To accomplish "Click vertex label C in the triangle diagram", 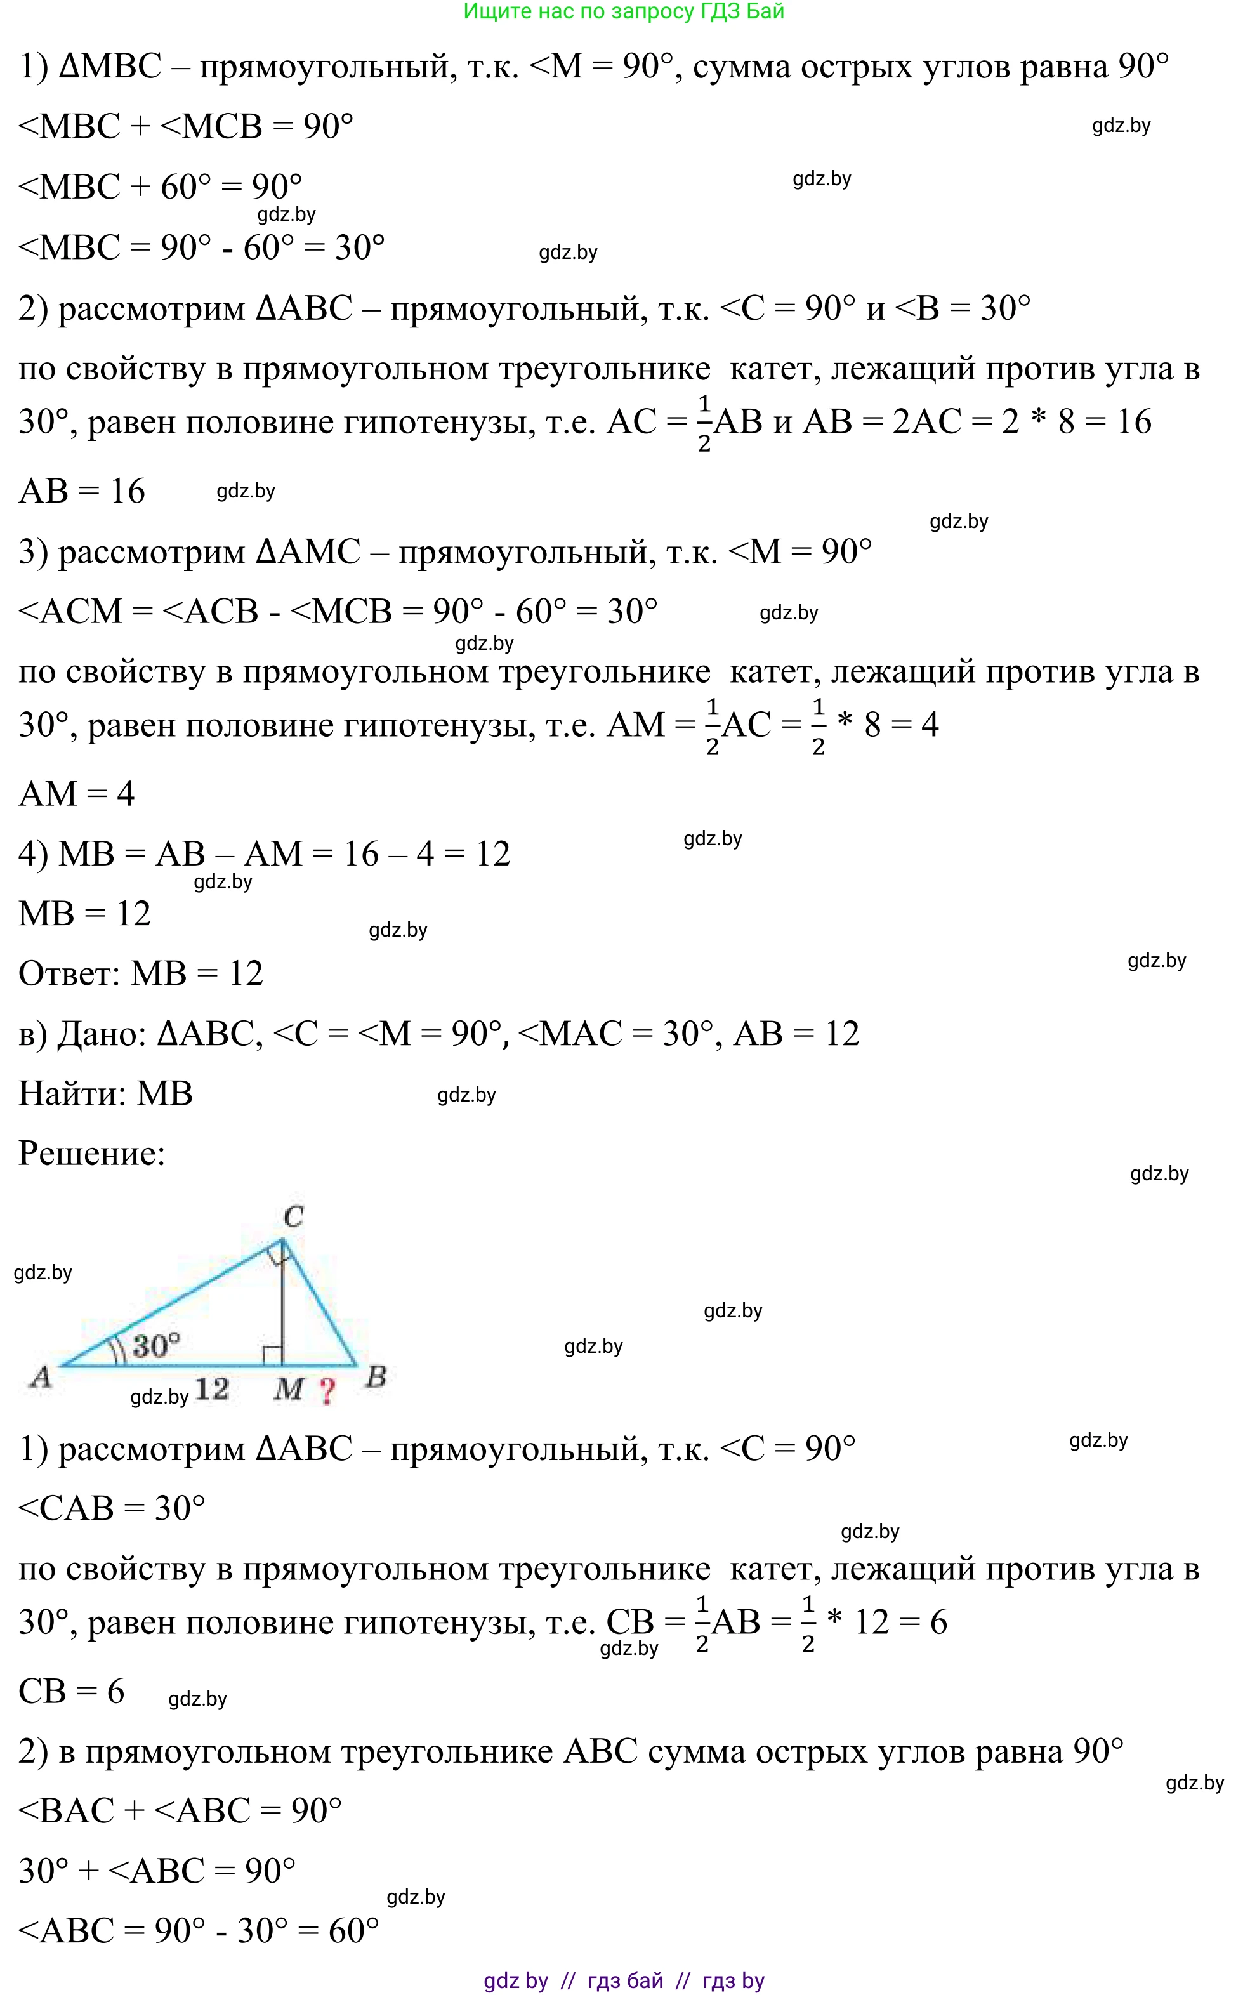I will coord(294,1216).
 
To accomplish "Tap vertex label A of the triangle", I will coord(41,1376).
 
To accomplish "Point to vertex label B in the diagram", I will coord(376,1376).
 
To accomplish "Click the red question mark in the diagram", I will coord(327,1391).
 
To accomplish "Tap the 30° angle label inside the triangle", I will coord(156,1346).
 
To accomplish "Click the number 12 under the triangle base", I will coord(212,1388).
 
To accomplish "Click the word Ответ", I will coord(69,973).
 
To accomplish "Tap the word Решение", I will coord(92,1154).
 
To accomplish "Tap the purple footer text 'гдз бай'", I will coord(625,1980).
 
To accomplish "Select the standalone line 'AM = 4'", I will coord(77,794).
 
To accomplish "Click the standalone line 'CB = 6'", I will coord(72,1691).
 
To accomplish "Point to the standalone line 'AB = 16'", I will coord(82,491).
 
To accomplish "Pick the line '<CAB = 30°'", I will coord(112,1508).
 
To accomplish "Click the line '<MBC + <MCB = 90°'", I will coord(186,126).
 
